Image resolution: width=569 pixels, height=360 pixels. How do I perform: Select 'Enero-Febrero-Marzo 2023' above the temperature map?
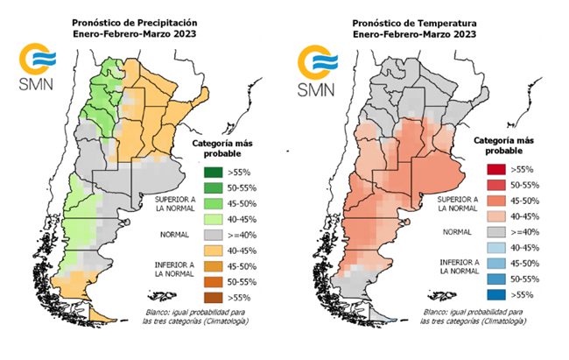[416, 33]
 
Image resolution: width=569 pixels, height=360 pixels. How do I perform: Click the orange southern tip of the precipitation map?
[102, 313]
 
